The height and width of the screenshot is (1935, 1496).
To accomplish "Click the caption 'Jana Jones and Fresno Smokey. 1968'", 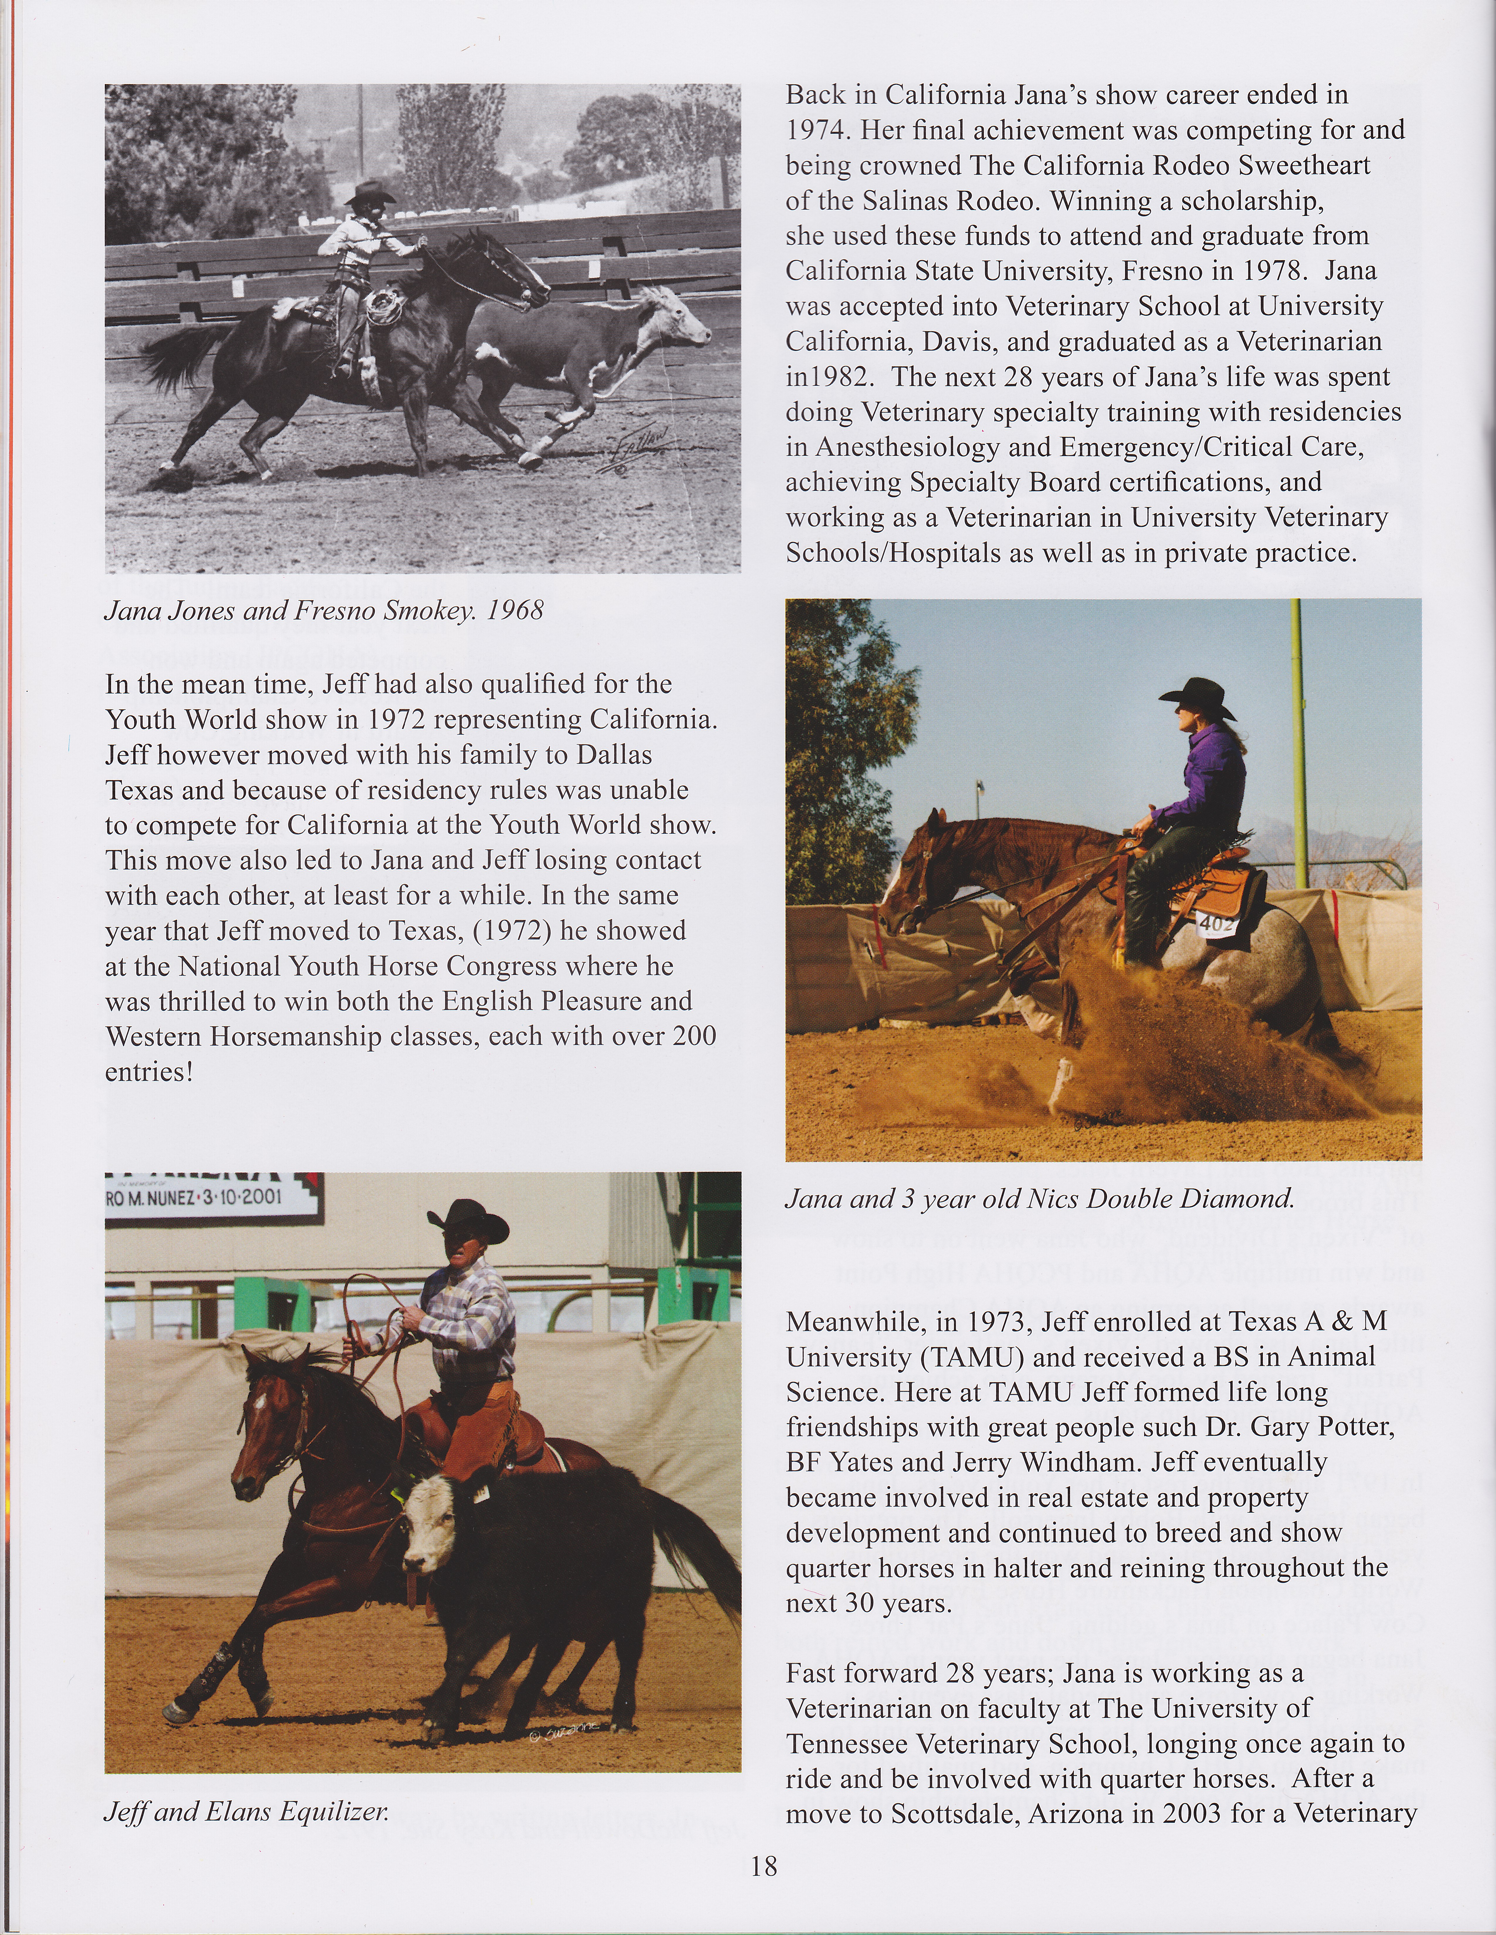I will coord(324,610).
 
